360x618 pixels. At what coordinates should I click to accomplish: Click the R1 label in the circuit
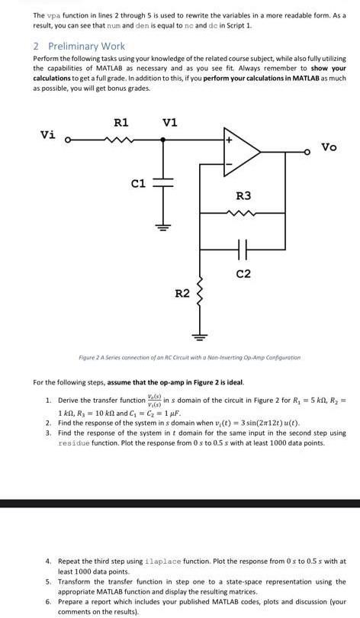(121, 122)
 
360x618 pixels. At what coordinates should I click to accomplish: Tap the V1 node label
(170, 122)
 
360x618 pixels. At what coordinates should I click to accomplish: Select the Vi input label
(48, 135)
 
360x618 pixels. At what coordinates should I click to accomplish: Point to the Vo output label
(329, 146)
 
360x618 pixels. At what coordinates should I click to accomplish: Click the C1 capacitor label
(138, 183)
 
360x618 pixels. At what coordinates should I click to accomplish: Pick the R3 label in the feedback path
(243, 196)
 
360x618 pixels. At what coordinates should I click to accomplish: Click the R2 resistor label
(182, 293)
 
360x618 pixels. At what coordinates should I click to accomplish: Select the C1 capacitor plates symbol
(162, 184)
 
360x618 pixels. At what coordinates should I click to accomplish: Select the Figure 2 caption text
(190, 357)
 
